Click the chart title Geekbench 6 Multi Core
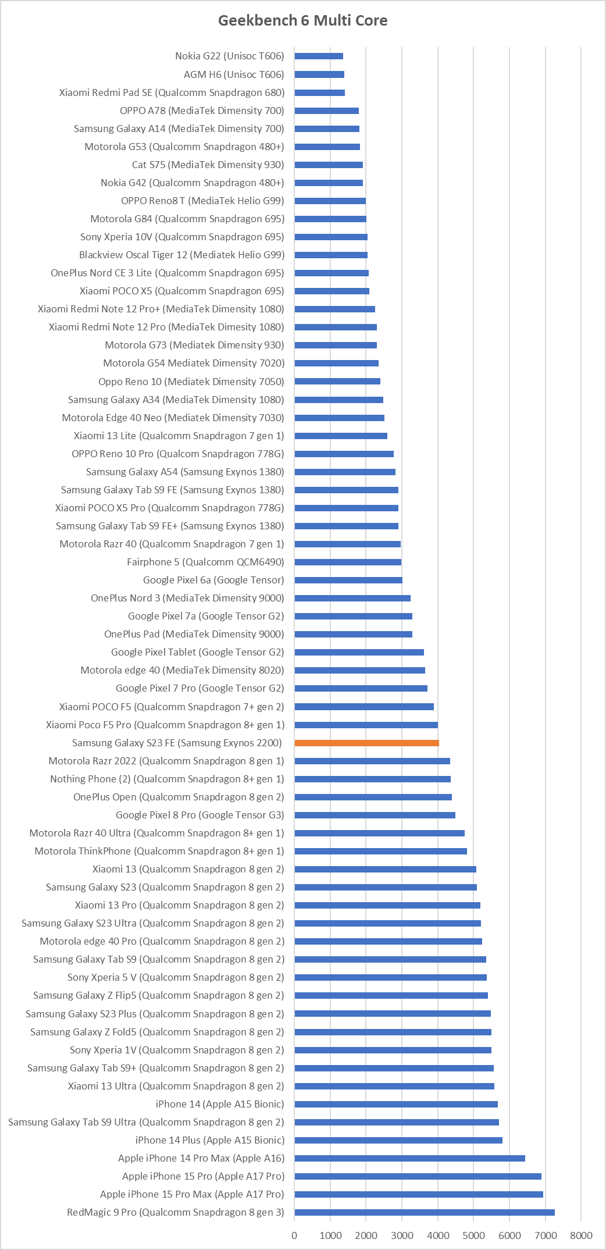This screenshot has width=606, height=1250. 302,20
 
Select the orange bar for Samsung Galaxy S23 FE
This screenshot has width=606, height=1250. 366,743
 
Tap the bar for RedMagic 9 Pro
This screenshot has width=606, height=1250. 425,1212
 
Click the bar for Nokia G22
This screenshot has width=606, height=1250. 319,56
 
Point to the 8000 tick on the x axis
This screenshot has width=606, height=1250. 581,1235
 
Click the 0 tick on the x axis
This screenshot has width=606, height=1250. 294,1235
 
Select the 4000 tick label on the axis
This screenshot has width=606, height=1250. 438,1235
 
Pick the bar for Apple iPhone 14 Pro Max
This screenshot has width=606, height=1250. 410,1158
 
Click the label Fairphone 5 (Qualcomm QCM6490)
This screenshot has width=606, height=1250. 205,562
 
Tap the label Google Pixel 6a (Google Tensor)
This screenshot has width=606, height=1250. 213,580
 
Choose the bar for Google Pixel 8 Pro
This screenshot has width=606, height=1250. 375,815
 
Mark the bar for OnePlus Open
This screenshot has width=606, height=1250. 373,797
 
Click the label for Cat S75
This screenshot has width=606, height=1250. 208,165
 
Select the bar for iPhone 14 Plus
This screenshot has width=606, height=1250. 398,1140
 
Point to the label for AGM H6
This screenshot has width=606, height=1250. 234,74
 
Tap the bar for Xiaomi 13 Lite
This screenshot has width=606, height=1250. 341,436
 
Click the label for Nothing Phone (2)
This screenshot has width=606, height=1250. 167,779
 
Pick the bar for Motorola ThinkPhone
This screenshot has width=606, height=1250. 381,851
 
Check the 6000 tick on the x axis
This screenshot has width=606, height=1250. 509,1235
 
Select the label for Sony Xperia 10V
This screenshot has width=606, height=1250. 182,237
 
